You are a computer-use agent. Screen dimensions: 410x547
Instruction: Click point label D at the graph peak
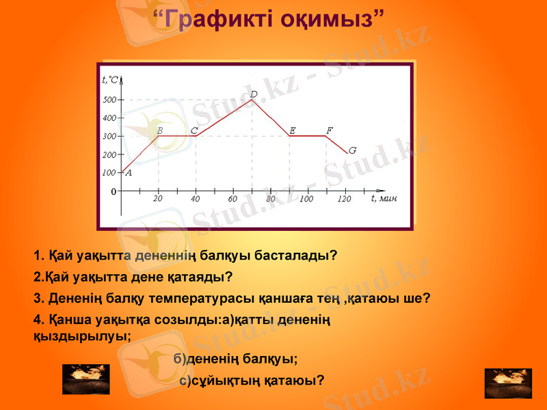254,94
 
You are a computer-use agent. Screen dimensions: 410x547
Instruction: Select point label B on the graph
159,130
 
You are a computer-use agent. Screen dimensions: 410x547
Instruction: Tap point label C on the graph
194,130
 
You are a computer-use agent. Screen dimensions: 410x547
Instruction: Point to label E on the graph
292,130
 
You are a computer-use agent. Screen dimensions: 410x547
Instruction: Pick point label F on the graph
329,130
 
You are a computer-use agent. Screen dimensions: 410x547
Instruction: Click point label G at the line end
352,150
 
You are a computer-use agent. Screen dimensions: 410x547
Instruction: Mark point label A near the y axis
129,173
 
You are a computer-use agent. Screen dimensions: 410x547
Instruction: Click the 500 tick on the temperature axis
109,100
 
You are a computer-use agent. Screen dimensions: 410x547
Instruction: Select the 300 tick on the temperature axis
109,137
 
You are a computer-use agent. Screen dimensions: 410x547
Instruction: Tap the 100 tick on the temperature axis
109,174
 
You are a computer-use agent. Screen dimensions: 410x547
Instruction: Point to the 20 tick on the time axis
158,199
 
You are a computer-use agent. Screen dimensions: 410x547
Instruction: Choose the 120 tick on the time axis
344,200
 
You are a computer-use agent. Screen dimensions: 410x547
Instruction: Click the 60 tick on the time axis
233,200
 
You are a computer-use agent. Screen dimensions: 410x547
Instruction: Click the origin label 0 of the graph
113,192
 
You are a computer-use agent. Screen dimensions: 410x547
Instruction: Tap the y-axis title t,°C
110,79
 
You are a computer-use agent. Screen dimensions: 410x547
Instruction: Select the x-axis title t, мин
384,198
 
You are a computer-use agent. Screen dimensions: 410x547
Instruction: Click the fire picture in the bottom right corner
507,383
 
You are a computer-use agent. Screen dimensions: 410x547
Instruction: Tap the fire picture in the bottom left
85,379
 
